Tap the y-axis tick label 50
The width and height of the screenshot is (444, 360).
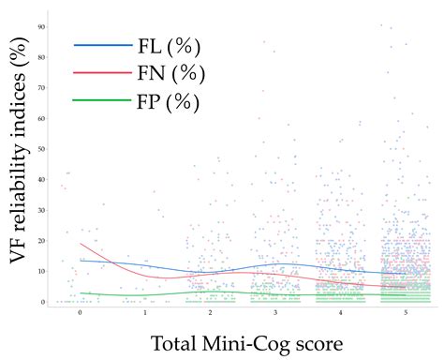pyautogui.click(x=42, y=148)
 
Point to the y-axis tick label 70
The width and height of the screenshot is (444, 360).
pyautogui.click(x=42, y=87)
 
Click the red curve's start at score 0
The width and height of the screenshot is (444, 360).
pyautogui.click(x=81, y=244)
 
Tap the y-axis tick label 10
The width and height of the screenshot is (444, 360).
pyautogui.click(x=42, y=271)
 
